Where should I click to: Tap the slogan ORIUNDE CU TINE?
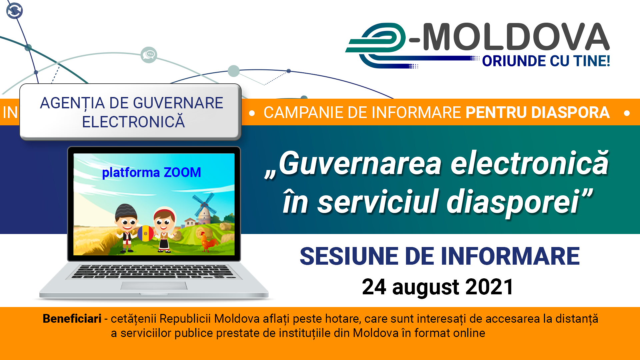pos(546,61)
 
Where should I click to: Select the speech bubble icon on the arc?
pos(149,55)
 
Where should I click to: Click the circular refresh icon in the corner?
pos(15,11)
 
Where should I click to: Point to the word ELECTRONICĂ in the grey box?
pos(133,122)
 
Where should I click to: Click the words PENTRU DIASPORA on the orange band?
pos(537,112)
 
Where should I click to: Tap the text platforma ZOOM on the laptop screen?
pos(151,173)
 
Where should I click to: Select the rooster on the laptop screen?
pos(208,242)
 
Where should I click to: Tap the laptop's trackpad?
pos(154,286)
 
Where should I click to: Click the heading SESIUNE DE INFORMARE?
pos(440,256)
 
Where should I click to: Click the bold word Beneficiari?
pos(72,319)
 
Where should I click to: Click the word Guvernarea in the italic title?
pos(360,163)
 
